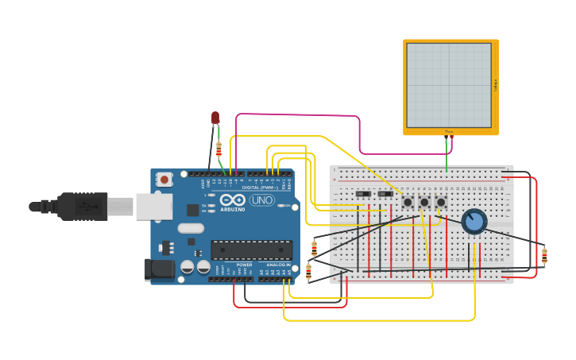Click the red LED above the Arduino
[x=215, y=118]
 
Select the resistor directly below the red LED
[x=218, y=149]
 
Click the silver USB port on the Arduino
[x=154, y=207]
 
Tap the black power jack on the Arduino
[x=160, y=269]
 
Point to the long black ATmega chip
[x=251, y=250]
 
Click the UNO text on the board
[x=262, y=200]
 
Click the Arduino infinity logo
[x=233, y=200]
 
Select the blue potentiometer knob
[x=474, y=222]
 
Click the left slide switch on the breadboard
[x=363, y=194]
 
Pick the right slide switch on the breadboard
[x=385, y=194]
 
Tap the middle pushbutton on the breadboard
[x=424, y=203]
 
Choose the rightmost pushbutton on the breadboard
[x=441, y=202]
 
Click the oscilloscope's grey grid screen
[x=449, y=85]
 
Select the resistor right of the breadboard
[x=544, y=256]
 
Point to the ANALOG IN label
[x=277, y=265]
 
